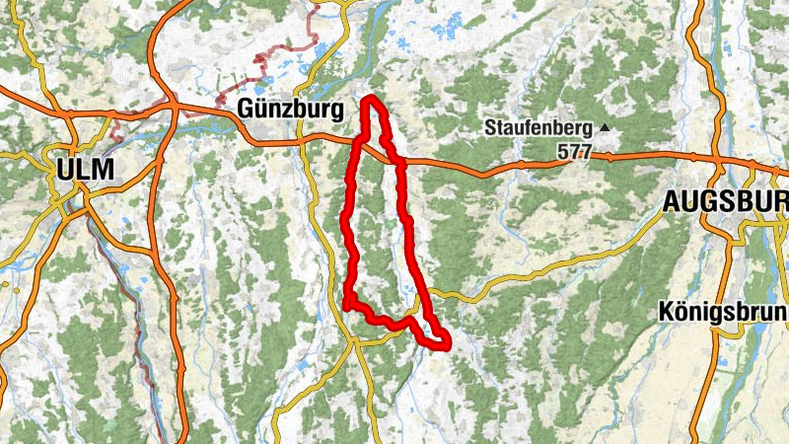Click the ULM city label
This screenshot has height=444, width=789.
[85, 169]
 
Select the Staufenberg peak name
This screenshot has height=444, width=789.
[538, 128]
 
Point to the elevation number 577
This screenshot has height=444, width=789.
[574, 152]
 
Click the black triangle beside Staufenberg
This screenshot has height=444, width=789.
[604, 128]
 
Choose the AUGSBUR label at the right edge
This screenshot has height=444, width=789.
[725, 202]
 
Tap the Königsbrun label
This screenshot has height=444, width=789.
[723, 312]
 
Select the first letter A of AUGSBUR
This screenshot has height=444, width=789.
[672, 202]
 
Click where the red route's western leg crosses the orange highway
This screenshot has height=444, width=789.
[357, 143]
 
